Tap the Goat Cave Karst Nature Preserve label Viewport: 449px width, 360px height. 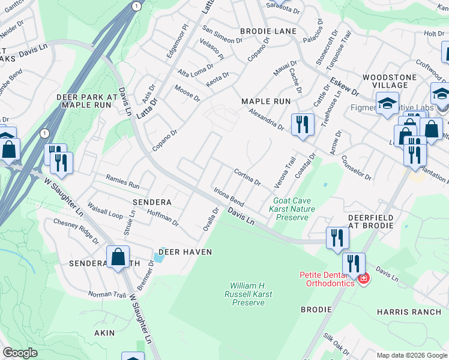pos(291,209)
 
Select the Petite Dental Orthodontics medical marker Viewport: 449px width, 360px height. pos(363,278)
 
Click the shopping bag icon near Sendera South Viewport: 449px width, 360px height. pos(118,256)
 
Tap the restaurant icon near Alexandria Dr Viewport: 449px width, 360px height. pos(302,124)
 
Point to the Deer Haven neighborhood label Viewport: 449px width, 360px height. pos(185,252)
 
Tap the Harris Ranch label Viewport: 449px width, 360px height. pos(409,312)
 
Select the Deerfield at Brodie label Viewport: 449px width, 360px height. pos(371,221)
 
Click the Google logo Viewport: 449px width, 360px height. pos(20,353)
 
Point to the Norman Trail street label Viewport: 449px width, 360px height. pos(107,295)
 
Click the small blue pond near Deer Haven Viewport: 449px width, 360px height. pos(157,257)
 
